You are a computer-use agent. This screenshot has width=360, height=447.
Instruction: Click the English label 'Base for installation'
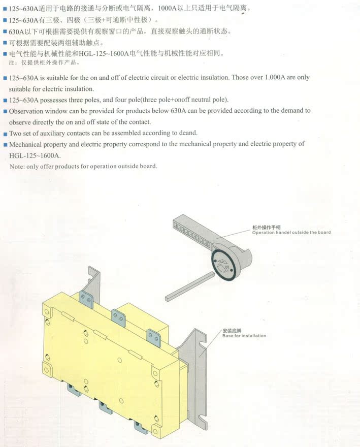click(244, 336)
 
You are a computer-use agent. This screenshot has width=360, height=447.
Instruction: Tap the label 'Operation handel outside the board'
click(291, 232)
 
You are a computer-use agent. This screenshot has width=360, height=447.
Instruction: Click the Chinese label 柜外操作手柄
click(266, 227)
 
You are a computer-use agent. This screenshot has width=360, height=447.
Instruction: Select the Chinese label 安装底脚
click(232, 331)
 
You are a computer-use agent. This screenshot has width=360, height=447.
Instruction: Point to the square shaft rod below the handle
click(189, 286)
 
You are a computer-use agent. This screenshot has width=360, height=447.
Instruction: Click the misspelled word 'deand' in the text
click(188, 133)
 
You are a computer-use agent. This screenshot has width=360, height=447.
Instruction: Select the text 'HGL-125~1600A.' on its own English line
click(35, 155)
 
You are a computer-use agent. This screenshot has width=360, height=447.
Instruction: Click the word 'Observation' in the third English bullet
click(26, 111)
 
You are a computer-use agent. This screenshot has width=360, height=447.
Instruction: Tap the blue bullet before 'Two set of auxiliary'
click(5, 134)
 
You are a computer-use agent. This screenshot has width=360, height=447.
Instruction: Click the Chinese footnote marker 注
click(11, 62)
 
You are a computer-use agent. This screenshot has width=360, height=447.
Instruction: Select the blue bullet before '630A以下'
click(5, 31)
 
